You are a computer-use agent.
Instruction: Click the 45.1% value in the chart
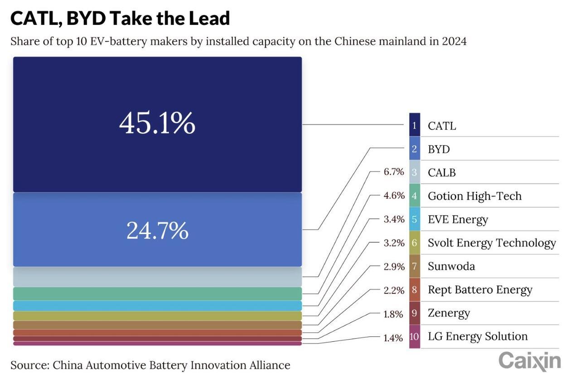point(157,124)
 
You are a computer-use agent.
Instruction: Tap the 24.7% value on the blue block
point(157,230)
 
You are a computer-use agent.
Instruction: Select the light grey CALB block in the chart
point(157,277)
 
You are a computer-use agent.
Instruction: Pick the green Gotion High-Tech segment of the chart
point(157,293)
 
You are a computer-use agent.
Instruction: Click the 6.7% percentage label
point(394,172)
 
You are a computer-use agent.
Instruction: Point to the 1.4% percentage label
point(394,337)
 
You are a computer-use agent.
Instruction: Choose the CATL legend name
point(442,126)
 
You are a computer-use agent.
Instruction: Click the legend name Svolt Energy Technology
point(492,243)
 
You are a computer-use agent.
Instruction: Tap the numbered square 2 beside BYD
point(414,149)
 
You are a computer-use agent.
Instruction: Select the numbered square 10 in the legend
point(414,337)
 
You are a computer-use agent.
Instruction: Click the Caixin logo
point(530,361)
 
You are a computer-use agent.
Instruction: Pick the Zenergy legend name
point(449,313)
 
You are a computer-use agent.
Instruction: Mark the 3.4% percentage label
point(394,220)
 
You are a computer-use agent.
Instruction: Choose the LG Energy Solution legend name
point(478,336)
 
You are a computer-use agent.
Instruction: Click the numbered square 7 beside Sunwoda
point(414,266)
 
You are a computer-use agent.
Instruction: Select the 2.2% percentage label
point(394,290)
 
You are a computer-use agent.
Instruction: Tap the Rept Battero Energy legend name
point(480,290)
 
